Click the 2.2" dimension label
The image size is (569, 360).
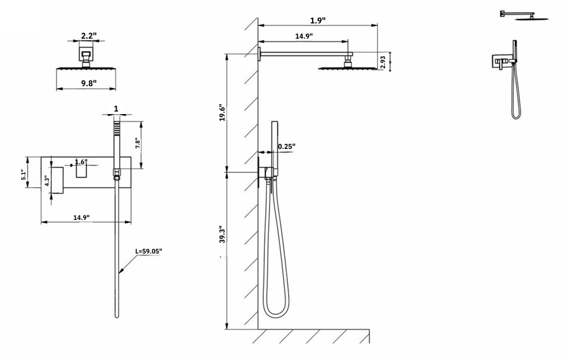[88, 35]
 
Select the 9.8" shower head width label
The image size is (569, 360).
[88, 82]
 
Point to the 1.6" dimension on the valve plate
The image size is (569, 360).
[81, 162]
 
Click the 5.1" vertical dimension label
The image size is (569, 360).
[24, 174]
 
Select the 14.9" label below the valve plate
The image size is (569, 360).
[81, 217]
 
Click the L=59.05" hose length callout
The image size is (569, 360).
[149, 251]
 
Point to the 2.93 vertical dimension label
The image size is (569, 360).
[383, 61]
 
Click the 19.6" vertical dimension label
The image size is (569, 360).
[222, 113]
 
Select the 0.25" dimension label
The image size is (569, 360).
[287, 146]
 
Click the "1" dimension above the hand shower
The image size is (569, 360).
[115, 108]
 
